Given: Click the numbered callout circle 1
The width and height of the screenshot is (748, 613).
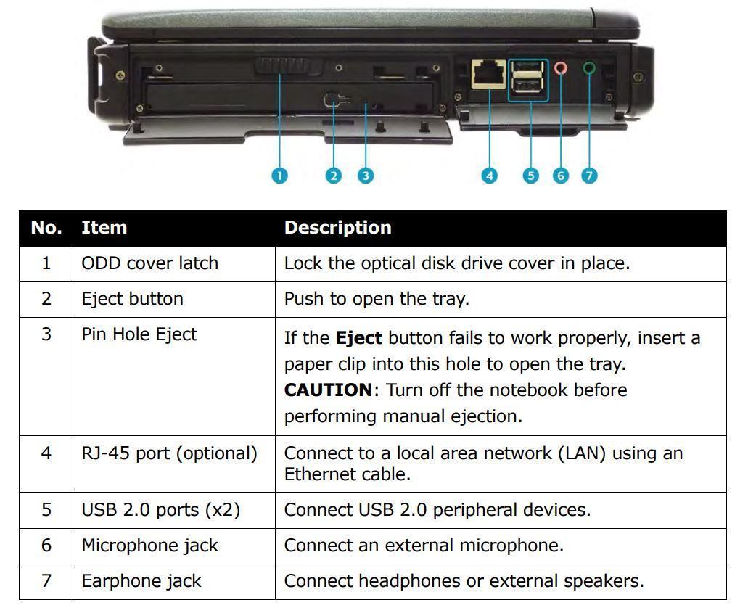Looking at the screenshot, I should (x=279, y=176).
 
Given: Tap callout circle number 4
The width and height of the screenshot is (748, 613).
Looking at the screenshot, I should (x=490, y=176).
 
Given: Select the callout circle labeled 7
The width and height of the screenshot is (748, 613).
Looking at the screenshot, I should (x=589, y=176).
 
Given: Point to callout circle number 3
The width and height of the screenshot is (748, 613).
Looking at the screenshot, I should (x=366, y=176).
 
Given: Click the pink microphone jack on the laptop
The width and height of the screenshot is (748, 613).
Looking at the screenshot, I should (x=560, y=68).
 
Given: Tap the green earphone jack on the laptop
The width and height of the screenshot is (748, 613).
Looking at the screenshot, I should (x=589, y=68).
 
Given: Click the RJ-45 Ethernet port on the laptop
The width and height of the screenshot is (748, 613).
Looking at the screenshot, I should (x=488, y=73).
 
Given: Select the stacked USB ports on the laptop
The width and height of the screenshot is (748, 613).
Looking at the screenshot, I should (x=527, y=78).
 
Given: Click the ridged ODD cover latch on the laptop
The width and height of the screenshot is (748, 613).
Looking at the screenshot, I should (x=288, y=67).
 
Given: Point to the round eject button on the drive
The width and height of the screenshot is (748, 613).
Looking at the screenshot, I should (x=333, y=99).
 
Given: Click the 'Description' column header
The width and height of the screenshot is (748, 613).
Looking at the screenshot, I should (x=337, y=228).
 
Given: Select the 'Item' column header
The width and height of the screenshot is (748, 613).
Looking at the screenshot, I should (x=104, y=228).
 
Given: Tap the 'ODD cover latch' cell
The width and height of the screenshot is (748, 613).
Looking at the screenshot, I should (x=149, y=263).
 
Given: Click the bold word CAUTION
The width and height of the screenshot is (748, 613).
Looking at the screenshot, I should (x=328, y=390).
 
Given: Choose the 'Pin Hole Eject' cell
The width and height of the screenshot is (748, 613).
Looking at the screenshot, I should (x=139, y=334).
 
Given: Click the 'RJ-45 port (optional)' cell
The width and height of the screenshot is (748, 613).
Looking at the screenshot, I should (x=169, y=454).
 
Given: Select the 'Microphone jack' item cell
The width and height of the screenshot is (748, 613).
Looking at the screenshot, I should (x=149, y=546).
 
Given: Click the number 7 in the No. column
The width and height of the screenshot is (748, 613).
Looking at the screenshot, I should (x=46, y=581).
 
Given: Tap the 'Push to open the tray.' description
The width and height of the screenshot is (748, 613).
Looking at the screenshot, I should (x=377, y=299).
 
